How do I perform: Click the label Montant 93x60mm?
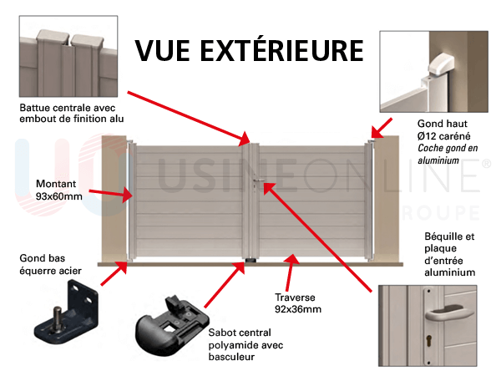[59, 190]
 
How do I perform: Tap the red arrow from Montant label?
[109, 194]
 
